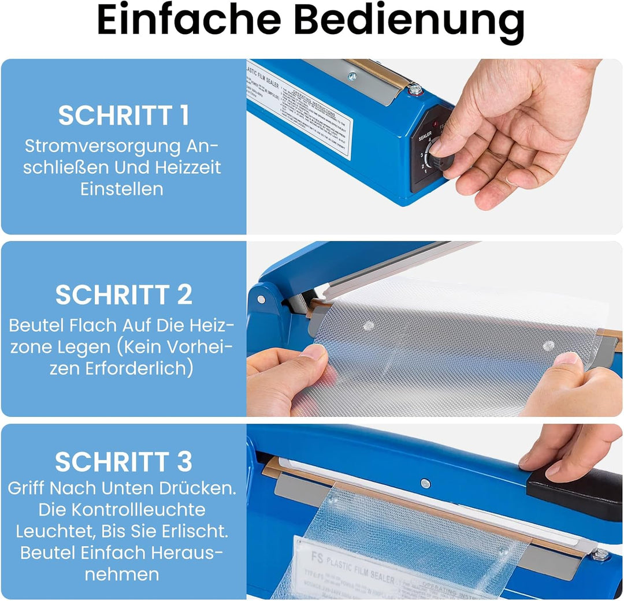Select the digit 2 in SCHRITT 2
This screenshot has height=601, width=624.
click(184, 295)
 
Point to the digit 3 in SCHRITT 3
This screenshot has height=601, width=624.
click(184, 462)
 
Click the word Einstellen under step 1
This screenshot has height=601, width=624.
click(122, 189)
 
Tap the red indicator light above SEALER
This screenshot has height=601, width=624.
click(434, 124)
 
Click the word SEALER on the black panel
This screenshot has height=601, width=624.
click(425, 134)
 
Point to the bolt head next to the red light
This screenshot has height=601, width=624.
click(414, 89)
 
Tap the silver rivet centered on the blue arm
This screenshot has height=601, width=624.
click(425, 483)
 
